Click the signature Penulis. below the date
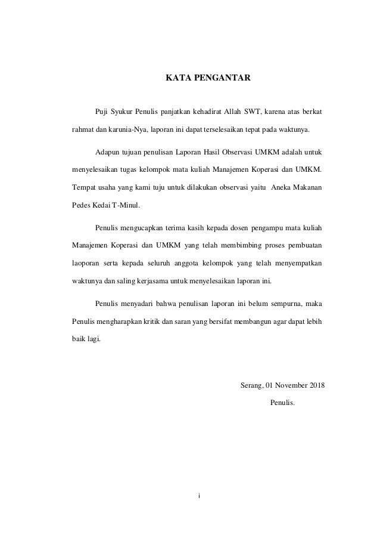(x=282, y=402)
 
